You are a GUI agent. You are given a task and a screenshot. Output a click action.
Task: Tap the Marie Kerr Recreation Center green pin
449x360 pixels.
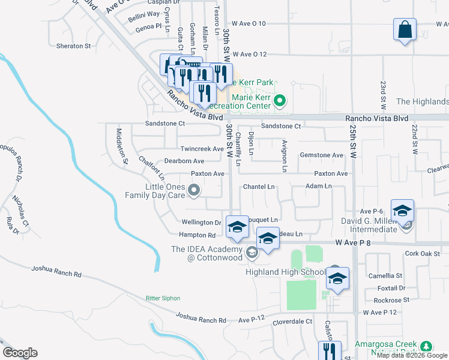[x=279, y=100]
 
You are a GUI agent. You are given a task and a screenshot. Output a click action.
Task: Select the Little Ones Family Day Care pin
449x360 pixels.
[x=193, y=191]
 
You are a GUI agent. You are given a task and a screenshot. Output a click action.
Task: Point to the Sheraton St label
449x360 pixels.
[x=73, y=46]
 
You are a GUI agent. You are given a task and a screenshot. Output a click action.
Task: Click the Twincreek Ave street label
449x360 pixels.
[x=202, y=149]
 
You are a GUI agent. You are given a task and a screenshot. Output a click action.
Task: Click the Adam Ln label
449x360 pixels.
[x=318, y=186]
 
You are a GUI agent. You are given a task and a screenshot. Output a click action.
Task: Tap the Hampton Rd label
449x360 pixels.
[x=197, y=235]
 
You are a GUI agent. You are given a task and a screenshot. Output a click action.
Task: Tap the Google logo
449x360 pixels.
[x=20, y=353]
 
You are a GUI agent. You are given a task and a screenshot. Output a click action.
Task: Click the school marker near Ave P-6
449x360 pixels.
[x=402, y=211]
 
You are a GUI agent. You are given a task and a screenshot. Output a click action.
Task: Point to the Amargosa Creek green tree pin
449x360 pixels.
[x=426, y=346]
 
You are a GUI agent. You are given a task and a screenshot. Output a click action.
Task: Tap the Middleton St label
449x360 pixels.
[x=122, y=146]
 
